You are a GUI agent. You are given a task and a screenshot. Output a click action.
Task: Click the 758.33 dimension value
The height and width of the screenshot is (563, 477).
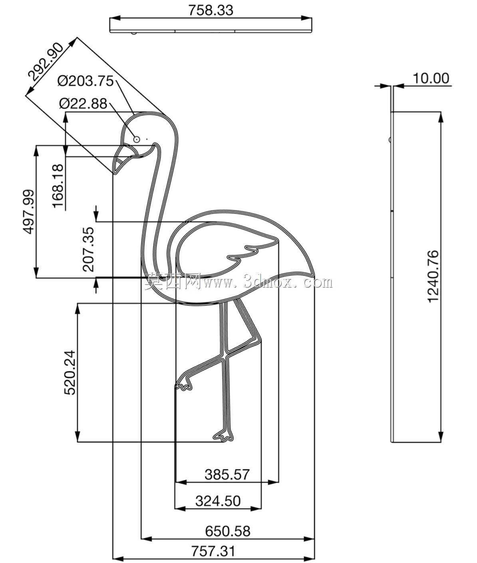(211, 10)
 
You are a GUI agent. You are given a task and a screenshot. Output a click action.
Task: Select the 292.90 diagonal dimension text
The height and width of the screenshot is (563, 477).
(46, 62)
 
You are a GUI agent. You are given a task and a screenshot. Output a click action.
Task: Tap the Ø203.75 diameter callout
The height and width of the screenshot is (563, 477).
(85, 81)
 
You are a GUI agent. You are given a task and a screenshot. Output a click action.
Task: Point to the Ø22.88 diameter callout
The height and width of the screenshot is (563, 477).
(83, 104)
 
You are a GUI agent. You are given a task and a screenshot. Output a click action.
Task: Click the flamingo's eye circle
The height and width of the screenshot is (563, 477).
(136, 140)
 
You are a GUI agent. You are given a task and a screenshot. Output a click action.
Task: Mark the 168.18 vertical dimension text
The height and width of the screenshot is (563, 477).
(58, 186)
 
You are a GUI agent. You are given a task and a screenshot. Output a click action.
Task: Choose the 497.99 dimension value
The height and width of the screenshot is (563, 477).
(29, 212)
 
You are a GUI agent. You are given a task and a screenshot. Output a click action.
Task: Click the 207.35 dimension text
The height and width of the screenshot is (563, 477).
(88, 250)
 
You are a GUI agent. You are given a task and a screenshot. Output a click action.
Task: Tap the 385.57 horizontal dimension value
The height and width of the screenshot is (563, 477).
(227, 475)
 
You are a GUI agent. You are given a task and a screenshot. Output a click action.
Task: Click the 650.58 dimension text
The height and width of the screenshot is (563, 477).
(228, 531)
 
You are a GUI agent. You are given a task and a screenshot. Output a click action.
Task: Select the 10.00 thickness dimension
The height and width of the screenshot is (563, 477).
(431, 78)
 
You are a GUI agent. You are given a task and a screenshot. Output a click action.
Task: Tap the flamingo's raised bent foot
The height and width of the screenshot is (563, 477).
(184, 383)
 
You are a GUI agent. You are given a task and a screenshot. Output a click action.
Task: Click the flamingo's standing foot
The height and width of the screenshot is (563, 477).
(223, 435)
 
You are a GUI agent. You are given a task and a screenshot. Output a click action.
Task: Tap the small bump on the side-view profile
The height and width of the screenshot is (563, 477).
(390, 140)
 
